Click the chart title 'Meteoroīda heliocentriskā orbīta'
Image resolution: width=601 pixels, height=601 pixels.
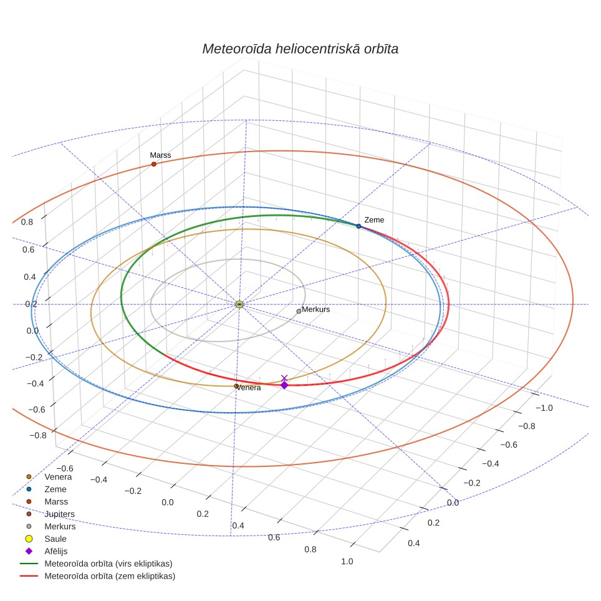300,49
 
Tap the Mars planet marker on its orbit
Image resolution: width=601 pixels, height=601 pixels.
154,164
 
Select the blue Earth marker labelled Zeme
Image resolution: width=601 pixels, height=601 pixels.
358,226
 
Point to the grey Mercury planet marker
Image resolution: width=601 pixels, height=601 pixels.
299,311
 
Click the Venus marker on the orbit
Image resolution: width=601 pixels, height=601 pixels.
236,386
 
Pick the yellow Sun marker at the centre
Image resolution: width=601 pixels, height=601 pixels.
239,304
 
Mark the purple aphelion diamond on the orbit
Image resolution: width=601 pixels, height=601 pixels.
284,385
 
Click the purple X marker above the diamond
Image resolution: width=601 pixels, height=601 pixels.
284,378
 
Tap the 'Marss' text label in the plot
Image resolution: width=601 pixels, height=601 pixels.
160,155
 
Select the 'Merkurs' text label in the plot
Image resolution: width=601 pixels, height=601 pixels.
316,309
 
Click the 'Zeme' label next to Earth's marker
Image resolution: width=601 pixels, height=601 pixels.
374,220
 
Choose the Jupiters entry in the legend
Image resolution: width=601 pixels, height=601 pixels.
59,514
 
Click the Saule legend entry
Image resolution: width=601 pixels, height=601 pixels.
55,539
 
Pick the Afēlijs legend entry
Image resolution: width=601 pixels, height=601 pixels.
55,551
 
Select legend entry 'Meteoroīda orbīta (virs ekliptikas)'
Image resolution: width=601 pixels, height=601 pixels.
108,564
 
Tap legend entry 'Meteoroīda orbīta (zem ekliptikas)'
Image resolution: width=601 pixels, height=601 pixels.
110,576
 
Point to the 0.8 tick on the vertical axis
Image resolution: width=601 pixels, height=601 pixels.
27,222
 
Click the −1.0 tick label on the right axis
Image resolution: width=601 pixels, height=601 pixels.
544,408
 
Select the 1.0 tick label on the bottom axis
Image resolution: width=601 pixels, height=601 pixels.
347,562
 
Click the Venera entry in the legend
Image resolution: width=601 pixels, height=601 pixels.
58,477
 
